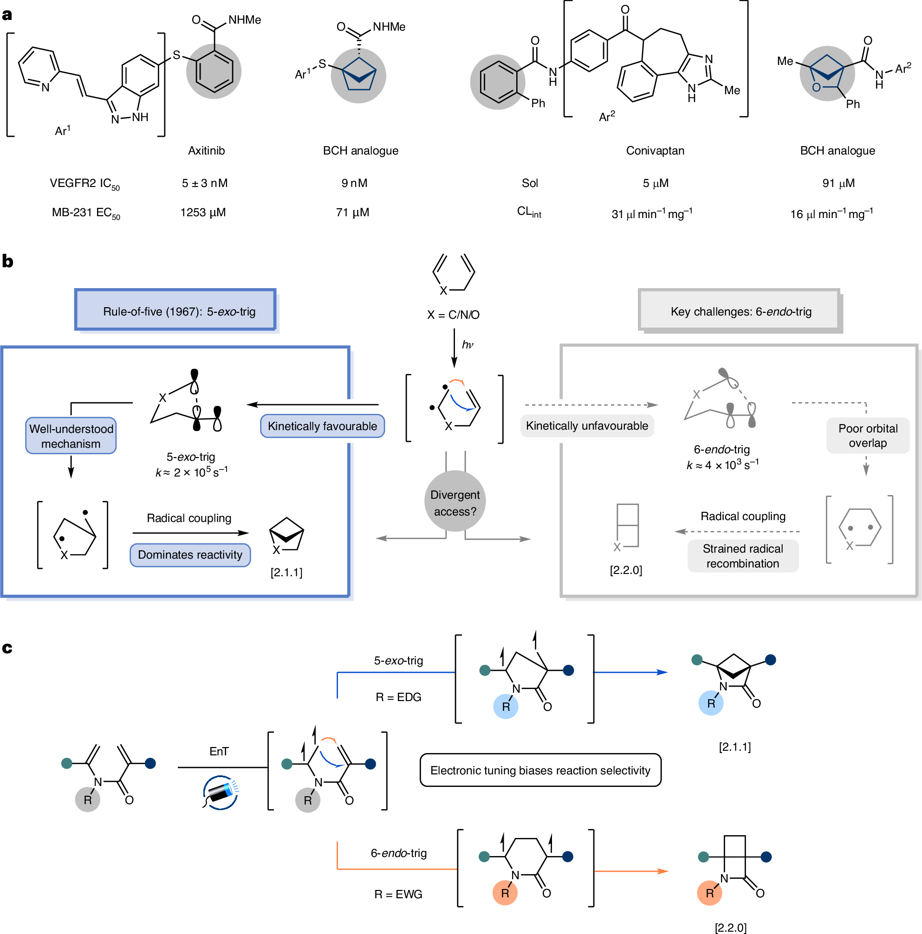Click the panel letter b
coord(8,261)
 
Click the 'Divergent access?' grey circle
coord(455,501)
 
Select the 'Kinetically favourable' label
coord(322,426)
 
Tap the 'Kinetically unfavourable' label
coord(587,425)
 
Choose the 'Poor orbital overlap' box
coord(868,436)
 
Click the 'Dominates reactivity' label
coord(190,554)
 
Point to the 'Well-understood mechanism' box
coord(71,436)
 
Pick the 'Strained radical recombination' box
coord(742,556)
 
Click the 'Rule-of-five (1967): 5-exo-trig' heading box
coord(175,310)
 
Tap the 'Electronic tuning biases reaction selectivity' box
coord(540,770)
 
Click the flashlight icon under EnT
coord(221,792)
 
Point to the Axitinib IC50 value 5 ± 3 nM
coord(205,183)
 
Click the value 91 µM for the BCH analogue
coord(838,183)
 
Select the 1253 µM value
coord(203,213)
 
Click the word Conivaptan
coord(655,150)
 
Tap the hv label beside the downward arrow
coord(467,344)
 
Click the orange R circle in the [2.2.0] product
coord(710,893)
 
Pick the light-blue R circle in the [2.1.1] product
coord(711,703)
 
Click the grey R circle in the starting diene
coord(88,799)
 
